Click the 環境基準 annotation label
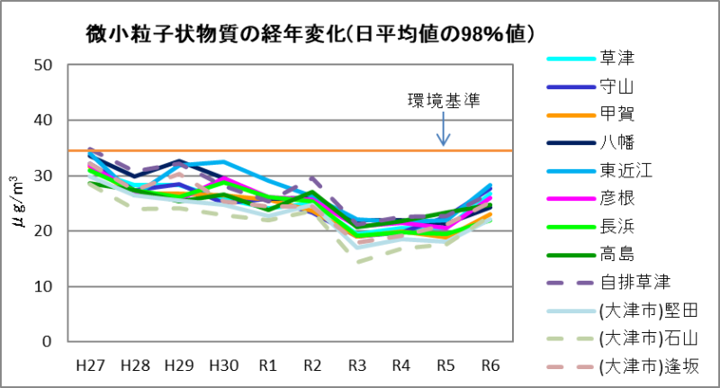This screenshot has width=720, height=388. pyautogui.click(x=443, y=101)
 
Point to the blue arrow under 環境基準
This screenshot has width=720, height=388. pyautogui.click(x=443, y=131)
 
